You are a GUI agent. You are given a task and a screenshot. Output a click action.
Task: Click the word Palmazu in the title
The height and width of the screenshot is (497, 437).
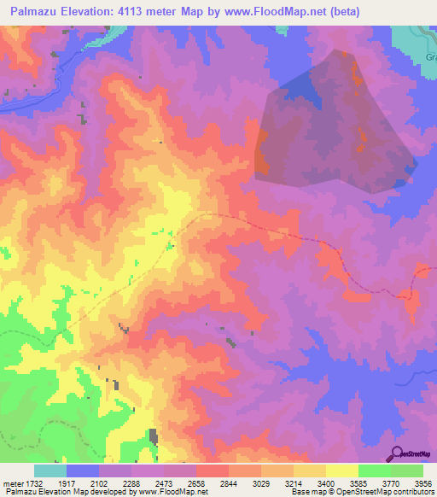35,11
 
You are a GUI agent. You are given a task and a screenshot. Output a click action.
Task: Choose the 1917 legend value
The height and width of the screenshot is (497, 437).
67,483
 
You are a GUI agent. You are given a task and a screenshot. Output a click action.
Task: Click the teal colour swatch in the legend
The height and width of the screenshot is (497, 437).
50,471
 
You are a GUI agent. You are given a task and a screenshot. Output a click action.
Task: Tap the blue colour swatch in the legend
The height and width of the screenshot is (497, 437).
83,471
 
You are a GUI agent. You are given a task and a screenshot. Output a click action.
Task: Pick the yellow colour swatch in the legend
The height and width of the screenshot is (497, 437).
341,471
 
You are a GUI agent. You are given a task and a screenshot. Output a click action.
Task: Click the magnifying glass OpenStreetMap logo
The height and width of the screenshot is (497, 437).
398,453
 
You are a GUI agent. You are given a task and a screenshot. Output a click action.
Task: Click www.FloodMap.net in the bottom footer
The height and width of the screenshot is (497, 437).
170,493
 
